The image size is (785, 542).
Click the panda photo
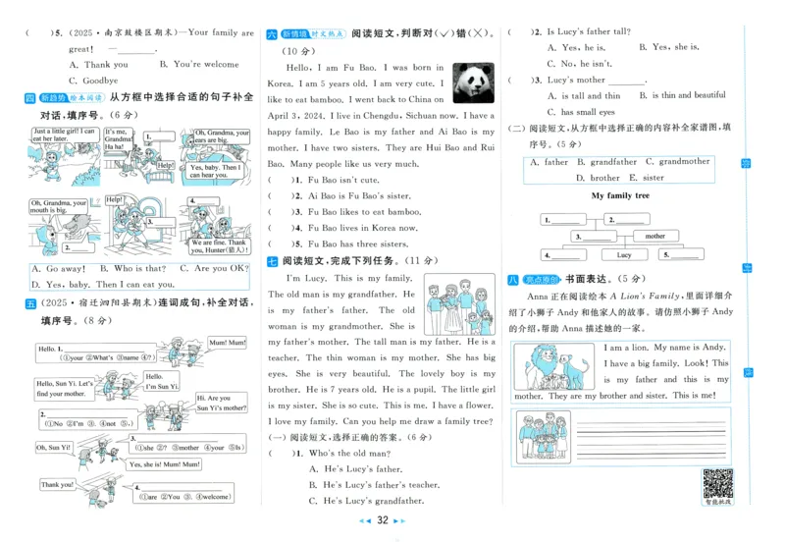(x=474, y=83)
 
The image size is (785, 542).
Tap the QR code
(x=718, y=484)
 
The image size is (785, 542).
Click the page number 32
(x=384, y=520)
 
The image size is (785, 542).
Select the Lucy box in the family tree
(x=624, y=255)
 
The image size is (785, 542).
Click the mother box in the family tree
(x=654, y=237)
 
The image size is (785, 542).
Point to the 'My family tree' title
(x=621, y=195)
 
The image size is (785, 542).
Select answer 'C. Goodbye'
(x=93, y=81)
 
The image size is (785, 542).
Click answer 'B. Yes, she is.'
(x=668, y=47)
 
